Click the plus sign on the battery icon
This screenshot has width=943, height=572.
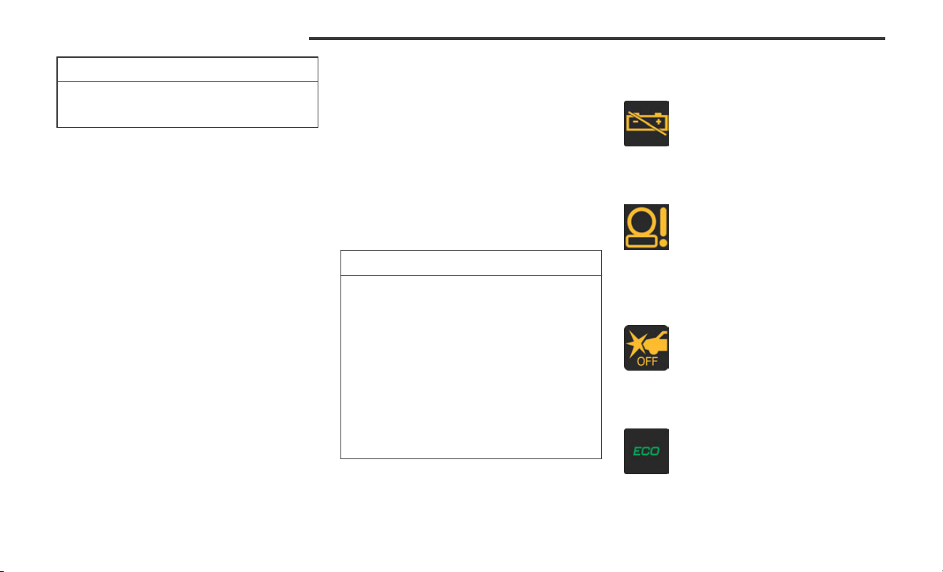(658, 121)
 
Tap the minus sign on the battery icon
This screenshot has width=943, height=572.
(635, 121)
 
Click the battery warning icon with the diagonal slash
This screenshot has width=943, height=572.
(646, 124)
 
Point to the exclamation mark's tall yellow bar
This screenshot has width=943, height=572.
(663, 222)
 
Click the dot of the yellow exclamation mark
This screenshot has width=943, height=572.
(663, 243)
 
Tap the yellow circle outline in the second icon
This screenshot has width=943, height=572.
(642, 222)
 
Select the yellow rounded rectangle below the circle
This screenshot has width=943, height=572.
(642, 241)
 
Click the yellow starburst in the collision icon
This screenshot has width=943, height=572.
(635, 344)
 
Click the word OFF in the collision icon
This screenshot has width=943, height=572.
(647, 361)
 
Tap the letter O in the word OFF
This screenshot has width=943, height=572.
(641, 361)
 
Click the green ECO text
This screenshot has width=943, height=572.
(646, 451)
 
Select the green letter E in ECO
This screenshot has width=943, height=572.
(637, 451)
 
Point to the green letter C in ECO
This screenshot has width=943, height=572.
(646, 451)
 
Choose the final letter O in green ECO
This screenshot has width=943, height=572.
(655, 451)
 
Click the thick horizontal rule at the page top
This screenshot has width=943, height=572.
(597, 39)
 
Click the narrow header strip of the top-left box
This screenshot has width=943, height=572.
(187, 69)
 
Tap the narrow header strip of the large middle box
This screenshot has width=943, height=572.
(471, 263)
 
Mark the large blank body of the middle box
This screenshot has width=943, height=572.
(471, 367)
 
